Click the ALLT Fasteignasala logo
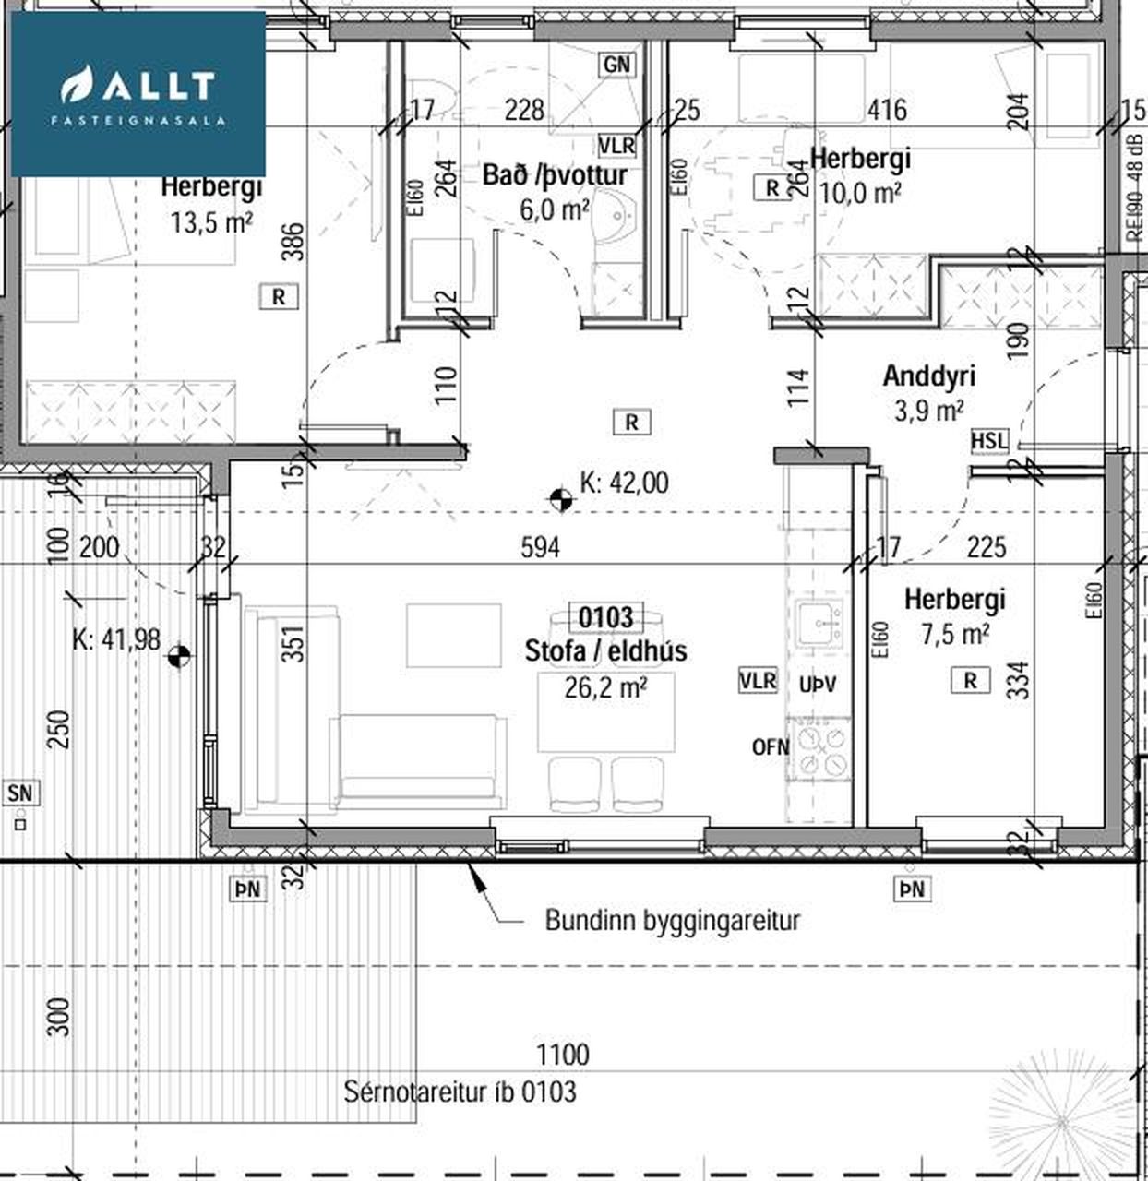[138, 94]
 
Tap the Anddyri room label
[929, 376]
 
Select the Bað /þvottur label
[555, 176]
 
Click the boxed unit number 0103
[605, 618]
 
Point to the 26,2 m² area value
[605, 688]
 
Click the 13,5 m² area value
[211, 222]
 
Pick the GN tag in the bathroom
[616, 65]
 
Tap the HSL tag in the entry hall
[989, 441]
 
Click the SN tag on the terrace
[21, 793]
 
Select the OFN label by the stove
[771, 747]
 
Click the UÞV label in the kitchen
[817, 686]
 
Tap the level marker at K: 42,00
[560, 499]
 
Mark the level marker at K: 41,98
[178, 655]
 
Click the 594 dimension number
[540, 548]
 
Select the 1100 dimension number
[563, 1055]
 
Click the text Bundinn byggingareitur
[672, 921]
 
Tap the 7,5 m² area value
[955, 635]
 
